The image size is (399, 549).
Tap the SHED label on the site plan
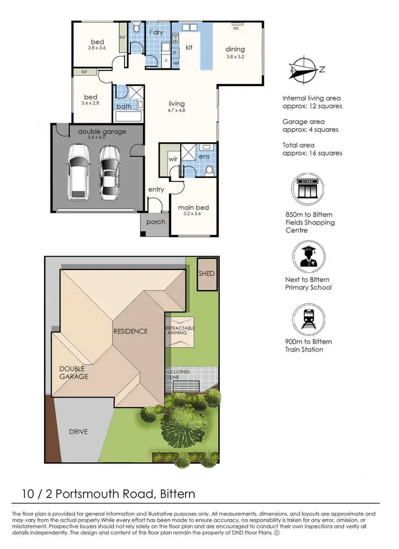coord(206,273)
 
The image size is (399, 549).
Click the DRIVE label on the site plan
coord(78,432)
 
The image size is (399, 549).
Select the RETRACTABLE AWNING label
coord(180,331)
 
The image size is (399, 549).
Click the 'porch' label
coord(155,222)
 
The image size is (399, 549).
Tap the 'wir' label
coord(173,158)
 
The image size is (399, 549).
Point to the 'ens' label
coord(205,157)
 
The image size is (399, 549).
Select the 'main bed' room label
coord(193,207)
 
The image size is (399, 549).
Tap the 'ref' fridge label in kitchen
coord(176,63)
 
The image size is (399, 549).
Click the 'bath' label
coord(124,106)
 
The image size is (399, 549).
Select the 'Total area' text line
coord(298,145)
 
